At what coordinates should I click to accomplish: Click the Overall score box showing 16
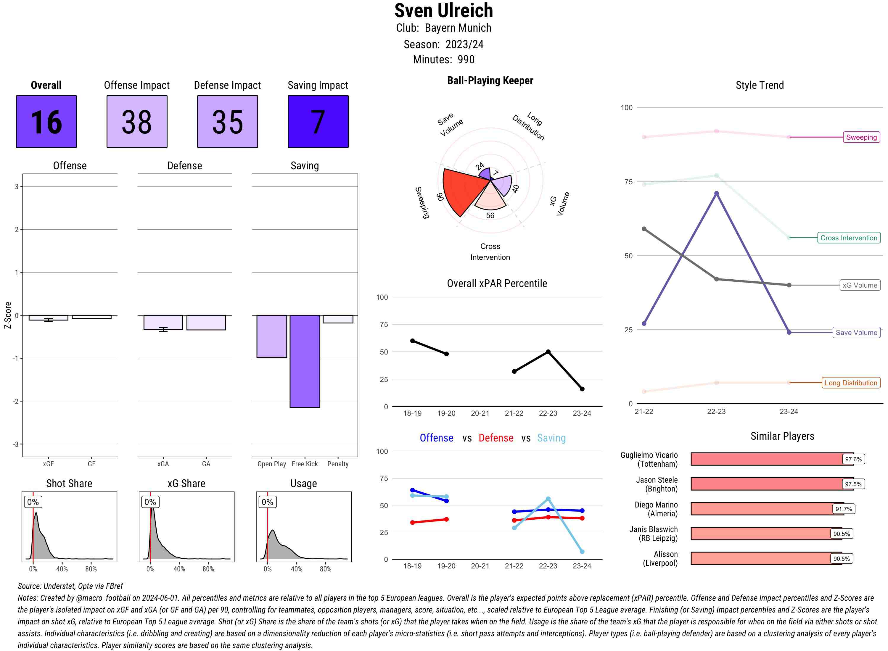[46, 121]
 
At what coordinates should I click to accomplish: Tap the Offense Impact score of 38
[137, 121]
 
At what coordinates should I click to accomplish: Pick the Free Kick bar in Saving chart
[305, 361]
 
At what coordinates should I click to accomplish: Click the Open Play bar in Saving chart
[271, 336]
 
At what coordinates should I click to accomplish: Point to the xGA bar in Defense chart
[163, 322]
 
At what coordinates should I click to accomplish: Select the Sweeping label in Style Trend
[861, 137]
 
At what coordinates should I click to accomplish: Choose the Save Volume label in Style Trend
[856, 333]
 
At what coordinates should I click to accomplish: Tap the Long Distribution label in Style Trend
[851, 383]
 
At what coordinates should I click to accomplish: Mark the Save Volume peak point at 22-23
[716, 194]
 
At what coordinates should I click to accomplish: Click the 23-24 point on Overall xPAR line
[582, 389]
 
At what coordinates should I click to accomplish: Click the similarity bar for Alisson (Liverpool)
[766, 558]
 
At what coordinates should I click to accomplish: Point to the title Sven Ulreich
[443, 11]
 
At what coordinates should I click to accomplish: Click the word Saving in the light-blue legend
[551, 438]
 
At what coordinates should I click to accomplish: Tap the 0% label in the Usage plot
[267, 502]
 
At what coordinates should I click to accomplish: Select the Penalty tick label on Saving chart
[338, 464]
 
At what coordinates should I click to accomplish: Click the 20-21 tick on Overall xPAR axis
[480, 413]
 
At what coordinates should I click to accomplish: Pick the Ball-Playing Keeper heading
[490, 80]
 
